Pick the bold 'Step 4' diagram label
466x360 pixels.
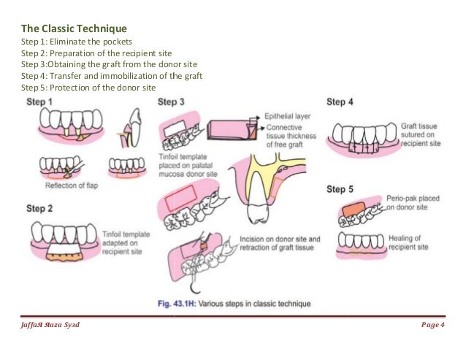[x=340, y=102]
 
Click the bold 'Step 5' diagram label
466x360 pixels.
[x=340, y=189]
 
